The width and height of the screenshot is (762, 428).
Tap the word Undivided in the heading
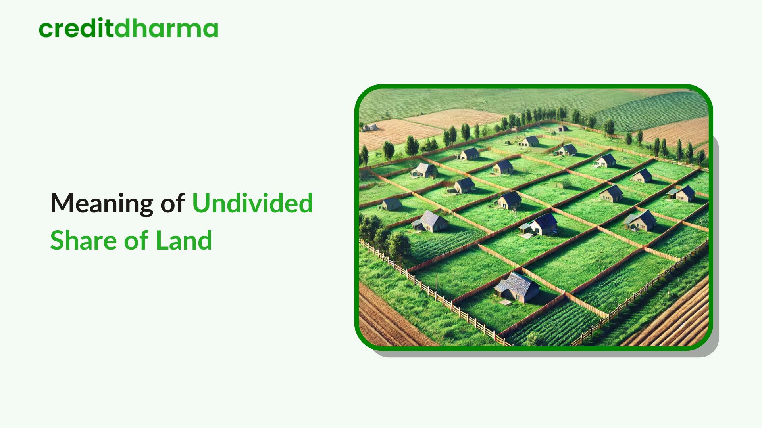pos(252,203)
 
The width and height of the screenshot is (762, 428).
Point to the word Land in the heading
pos(184,240)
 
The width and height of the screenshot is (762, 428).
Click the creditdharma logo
pos(129,29)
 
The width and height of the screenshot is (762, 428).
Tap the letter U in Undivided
pos(200,203)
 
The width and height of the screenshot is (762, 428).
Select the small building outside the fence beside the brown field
pos(370,127)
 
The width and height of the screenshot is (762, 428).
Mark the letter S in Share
pos(57,240)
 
